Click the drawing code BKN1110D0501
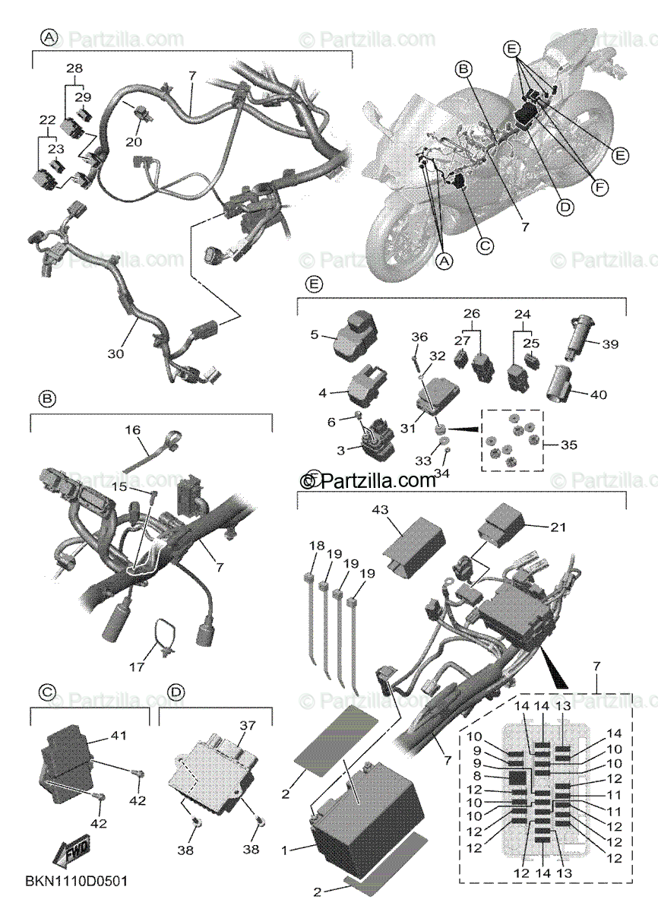point(77,882)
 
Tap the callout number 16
point(133,430)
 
